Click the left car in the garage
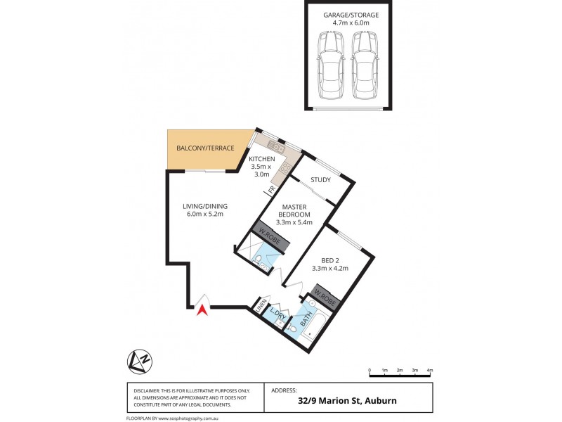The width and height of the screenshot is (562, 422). tap(330, 66)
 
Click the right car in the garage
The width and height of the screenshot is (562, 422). tap(363, 66)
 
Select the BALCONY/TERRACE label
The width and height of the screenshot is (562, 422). tap(205, 148)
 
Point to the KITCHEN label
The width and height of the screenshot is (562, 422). tap(263, 160)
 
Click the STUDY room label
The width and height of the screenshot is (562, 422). tap(320, 180)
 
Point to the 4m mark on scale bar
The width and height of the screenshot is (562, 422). tap(429, 370)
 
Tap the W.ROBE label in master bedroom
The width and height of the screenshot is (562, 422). tap(267, 236)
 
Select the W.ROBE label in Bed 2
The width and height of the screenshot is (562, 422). tap(324, 296)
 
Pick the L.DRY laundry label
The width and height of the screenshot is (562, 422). tap(277, 315)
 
